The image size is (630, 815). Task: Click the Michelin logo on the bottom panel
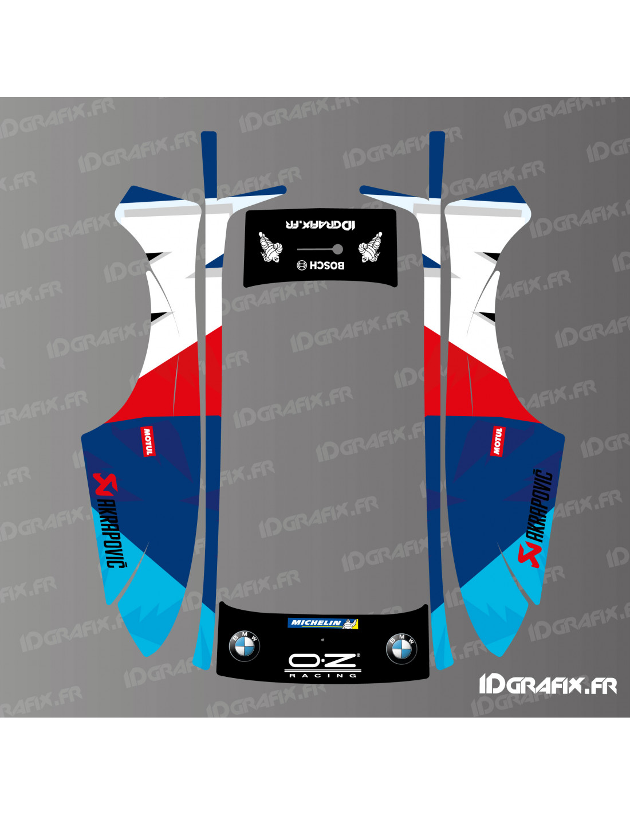click(322, 623)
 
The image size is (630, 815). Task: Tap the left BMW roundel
click(245, 646)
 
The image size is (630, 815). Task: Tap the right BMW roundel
click(401, 648)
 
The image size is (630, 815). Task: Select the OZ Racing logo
click(322, 661)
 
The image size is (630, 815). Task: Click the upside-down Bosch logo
click(321, 265)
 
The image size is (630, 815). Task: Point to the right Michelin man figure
click(370, 248)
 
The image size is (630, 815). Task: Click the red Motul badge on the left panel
click(148, 441)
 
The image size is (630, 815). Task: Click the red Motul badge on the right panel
click(497, 441)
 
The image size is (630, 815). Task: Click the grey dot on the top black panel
click(338, 249)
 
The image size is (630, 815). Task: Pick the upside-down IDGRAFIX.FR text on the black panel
click(320, 224)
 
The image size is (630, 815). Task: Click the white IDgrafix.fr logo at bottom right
click(548, 684)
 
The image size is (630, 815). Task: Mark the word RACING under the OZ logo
click(322, 676)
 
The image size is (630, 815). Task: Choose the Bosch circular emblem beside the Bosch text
click(302, 265)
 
